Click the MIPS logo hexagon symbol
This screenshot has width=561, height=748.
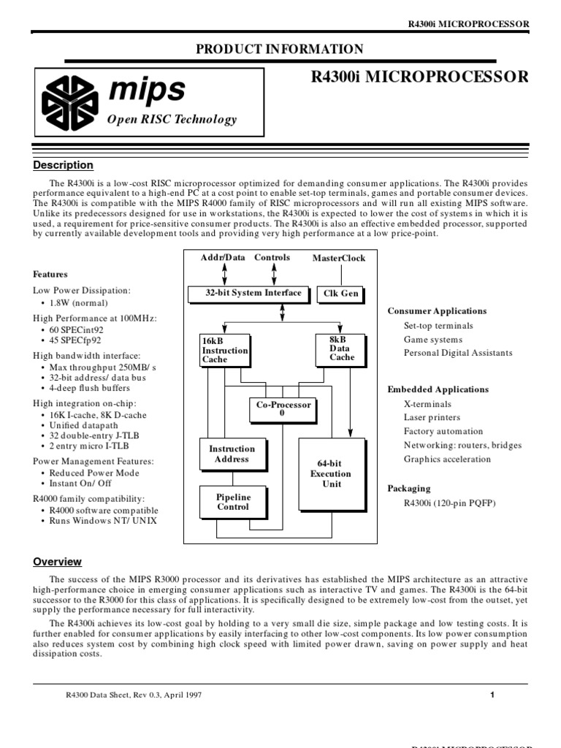tap(69, 102)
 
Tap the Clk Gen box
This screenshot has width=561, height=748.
tap(340, 294)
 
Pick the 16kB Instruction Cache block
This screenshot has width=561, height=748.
tap(224, 350)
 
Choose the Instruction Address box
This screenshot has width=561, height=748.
tap(232, 454)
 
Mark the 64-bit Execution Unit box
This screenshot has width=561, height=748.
tap(331, 474)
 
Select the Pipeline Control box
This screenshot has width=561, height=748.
tap(233, 502)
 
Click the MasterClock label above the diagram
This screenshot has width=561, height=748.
tap(339, 259)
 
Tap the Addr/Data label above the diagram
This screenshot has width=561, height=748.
tap(224, 258)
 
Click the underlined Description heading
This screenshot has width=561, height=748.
tap(64, 165)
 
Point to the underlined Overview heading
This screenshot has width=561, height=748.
tap(58, 562)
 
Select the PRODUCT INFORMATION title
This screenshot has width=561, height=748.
tap(280, 50)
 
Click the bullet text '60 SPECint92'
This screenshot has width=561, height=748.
tap(76, 330)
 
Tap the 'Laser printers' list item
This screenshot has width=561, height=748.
tap(432, 418)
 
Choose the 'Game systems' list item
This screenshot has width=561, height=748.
tap(433, 340)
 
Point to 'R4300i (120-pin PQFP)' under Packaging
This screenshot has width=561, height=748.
tap(449, 503)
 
